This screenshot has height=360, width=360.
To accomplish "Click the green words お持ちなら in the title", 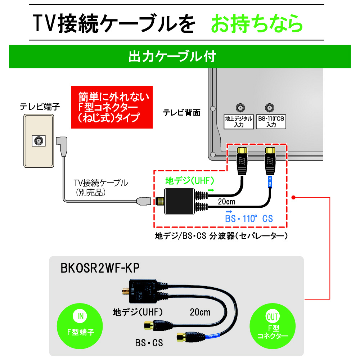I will coord(256,24).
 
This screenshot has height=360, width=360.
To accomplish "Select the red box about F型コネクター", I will coord(112,107).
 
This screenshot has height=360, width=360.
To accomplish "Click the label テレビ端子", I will coord(40,106).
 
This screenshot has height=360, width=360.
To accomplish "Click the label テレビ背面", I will coord(181,112).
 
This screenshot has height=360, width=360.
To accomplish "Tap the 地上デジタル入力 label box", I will coord(239,122).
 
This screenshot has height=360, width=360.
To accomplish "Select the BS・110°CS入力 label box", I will coord(271,122).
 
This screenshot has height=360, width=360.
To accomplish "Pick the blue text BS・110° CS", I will coord(249,218).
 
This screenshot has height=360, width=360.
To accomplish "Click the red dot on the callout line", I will coord(293,197).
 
